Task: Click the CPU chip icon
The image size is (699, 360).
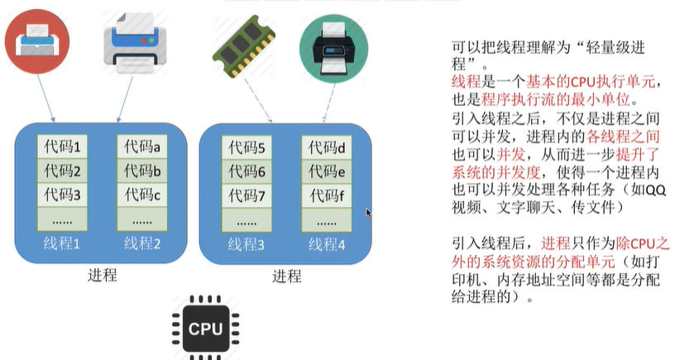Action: point(205,328)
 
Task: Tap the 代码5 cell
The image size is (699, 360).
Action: point(247,149)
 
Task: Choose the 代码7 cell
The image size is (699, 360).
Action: point(247,197)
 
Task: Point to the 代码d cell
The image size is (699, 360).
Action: point(327,149)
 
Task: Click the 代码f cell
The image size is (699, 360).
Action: point(327,197)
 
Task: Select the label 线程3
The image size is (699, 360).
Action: point(246,244)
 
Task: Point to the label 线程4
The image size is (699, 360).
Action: point(327,244)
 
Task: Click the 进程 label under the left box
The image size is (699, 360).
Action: point(102,276)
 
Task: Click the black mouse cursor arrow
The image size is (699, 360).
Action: point(369,214)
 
